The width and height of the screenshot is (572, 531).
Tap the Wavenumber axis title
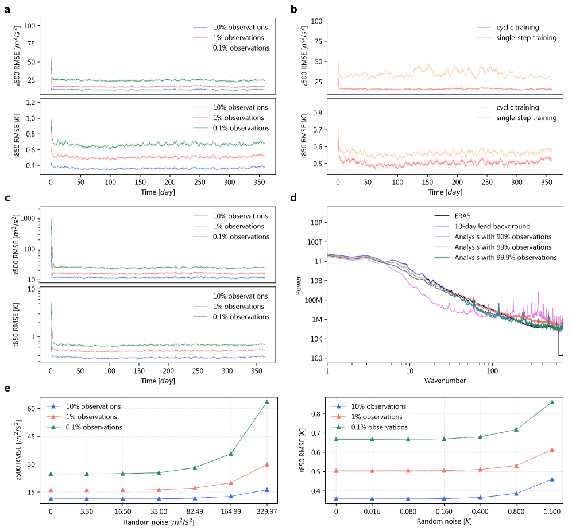444,381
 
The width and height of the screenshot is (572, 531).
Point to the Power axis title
298,285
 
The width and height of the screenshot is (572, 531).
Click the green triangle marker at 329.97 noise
266,402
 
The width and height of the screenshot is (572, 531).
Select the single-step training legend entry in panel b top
527,38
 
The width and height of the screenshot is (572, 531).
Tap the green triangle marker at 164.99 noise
231,454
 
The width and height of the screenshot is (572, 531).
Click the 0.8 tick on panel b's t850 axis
318,113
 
